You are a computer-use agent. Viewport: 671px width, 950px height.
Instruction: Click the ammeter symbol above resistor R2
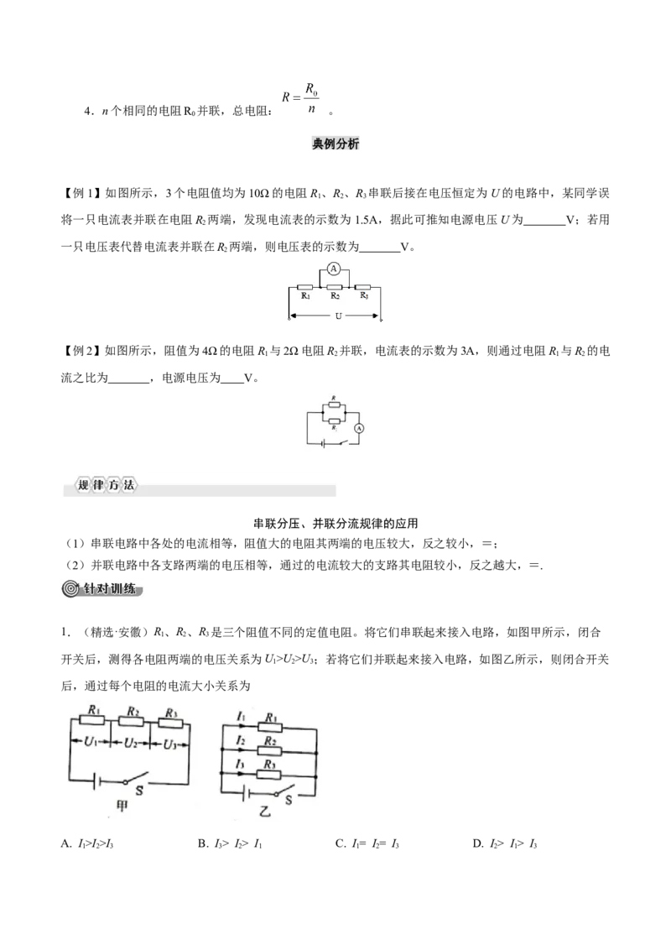tap(332, 268)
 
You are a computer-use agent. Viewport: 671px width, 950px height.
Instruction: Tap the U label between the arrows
tap(338, 316)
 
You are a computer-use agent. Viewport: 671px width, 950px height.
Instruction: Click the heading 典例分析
tap(335, 144)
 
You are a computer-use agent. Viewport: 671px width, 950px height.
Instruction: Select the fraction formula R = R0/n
tap(301, 97)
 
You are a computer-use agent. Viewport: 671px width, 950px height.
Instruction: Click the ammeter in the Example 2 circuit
tap(358, 428)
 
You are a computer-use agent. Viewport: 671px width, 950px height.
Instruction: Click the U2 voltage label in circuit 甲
tap(131, 743)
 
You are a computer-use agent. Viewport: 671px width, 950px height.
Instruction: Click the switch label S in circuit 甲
tap(138, 790)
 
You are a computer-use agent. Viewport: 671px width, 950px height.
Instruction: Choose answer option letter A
tap(65, 843)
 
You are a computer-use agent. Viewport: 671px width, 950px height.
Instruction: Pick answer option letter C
tap(340, 843)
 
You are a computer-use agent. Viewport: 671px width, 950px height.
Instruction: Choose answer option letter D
tap(477, 843)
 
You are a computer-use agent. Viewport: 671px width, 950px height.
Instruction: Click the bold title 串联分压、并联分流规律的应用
tap(335, 523)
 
